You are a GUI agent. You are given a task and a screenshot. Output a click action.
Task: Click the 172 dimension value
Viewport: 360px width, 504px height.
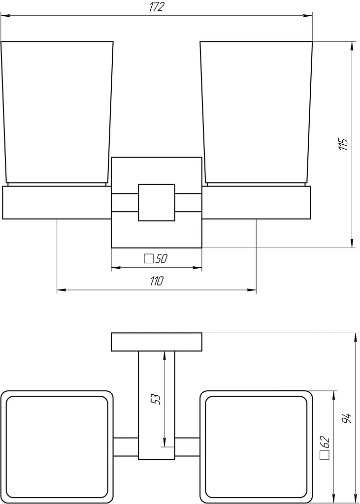tap(157, 7)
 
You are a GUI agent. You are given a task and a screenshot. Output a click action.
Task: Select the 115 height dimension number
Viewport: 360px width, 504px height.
tap(343, 145)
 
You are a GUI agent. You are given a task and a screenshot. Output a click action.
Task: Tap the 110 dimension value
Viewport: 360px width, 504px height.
tap(157, 281)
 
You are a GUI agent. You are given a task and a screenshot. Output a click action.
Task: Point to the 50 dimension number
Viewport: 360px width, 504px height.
tap(161, 259)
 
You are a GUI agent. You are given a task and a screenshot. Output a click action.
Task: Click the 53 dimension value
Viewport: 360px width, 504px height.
tap(157, 399)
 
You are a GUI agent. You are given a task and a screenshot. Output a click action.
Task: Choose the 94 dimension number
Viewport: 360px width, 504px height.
tap(346, 418)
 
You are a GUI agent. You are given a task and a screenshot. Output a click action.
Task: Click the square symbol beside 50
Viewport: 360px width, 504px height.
tap(149, 259)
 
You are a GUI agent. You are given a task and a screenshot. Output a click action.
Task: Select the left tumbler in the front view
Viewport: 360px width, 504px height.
tap(57, 113)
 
